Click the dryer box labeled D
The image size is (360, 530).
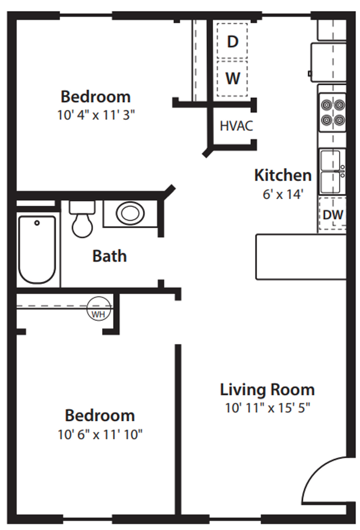pos(232,41)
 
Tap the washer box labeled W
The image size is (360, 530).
pos(232,78)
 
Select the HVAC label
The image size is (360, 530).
pos(236,126)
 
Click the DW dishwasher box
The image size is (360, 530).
pos(333,215)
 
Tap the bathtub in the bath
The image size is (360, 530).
pos(37,249)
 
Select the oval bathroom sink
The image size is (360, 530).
pos(130,214)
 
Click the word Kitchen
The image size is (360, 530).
pos(282,176)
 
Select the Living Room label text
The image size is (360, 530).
pos(267,390)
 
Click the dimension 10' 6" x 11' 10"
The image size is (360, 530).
pos(100,434)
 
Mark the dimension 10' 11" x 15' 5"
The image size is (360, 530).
pos(268,409)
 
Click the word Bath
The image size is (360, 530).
pos(109,256)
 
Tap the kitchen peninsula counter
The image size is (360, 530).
pos(300,257)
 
